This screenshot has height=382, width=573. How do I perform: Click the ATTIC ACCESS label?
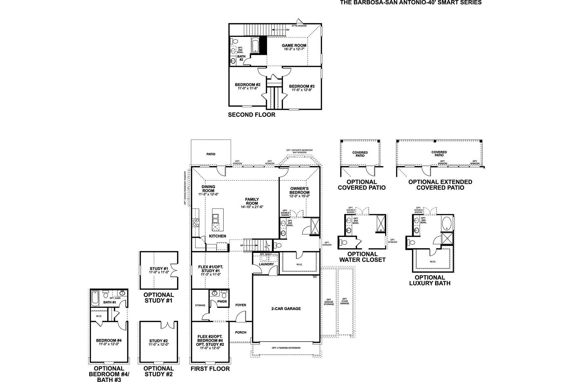coord(299,25)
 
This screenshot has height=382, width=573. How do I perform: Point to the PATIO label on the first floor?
coord(211,154)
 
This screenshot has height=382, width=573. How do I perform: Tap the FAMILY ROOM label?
coord(252,201)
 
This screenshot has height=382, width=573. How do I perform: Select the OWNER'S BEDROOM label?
coord(300,190)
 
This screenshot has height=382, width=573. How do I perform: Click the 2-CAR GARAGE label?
coord(286,308)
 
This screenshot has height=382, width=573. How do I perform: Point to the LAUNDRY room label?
coord(266,264)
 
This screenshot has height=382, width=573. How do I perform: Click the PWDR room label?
coord(222,301)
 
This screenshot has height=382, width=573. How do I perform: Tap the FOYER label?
coord(241,305)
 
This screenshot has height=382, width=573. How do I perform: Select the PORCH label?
coord(241,332)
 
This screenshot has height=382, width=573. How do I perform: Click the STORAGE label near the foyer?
coord(200,305)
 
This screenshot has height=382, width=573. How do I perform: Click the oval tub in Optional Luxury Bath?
coord(446,223)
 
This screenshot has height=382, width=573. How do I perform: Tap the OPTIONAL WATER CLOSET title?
coord(362,257)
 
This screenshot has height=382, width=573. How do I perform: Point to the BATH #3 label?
coord(109,302)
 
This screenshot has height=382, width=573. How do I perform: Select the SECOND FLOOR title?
coord(251,115)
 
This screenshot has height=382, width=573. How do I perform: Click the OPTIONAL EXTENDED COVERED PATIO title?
coord(440,185)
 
